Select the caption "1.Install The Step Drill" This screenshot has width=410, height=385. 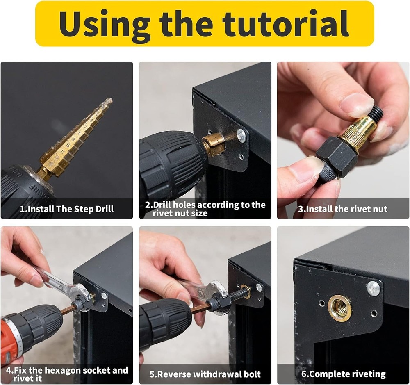coord(67,209)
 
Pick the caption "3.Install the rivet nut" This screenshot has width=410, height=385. coord(343,209)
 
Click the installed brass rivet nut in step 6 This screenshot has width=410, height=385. coord(339,308)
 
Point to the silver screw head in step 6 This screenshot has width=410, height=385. coord(373,288)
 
